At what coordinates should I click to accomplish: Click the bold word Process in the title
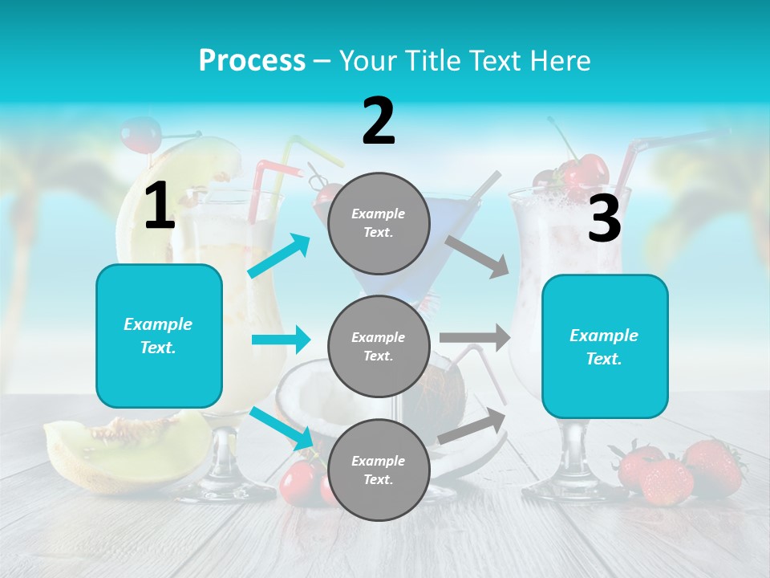(x=252, y=60)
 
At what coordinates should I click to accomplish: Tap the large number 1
(x=160, y=206)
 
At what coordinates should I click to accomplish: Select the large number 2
(x=379, y=120)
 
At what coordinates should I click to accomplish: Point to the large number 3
(x=604, y=219)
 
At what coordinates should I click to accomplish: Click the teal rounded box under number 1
(x=159, y=336)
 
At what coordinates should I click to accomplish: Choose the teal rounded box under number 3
(x=605, y=347)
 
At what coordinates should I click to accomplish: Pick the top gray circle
(x=379, y=223)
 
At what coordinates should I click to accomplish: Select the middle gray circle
(x=379, y=346)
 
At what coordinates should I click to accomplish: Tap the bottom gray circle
(x=379, y=470)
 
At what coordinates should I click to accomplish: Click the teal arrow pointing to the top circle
(x=280, y=256)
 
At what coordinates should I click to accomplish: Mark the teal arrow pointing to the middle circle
(x=281, y=340)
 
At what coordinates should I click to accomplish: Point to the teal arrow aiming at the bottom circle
(x=282, y=427)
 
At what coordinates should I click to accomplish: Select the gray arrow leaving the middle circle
(x=475, y=338)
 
